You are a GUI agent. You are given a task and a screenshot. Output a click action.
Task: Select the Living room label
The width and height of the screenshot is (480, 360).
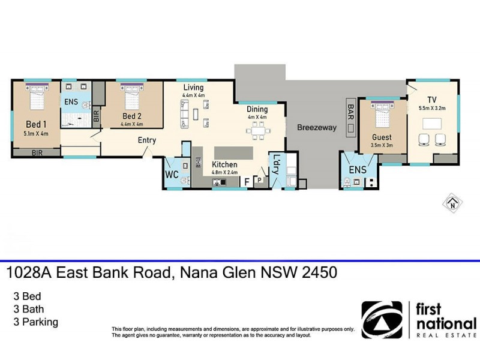pyautogui.click(x=193, y=88)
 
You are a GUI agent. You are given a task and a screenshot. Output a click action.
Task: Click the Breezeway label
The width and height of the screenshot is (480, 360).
pyautogui.click(x=317, y=128)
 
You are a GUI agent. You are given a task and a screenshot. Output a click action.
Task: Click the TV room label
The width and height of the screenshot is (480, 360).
pyautogui.click(x=432, y=100)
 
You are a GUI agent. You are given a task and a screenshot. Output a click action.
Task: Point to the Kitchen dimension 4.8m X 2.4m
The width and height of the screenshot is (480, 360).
pyautogui.click(x=224, y=173)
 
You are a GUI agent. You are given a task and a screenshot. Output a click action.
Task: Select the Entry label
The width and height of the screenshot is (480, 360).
pyautogui.click(x=147, y=140)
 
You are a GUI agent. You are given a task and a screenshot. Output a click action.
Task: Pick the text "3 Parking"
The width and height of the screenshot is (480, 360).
pyautogui.click(x=35, y=322)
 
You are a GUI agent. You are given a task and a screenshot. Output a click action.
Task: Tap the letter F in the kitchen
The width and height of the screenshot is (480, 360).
pyautogui.click(x=247, y=180)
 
